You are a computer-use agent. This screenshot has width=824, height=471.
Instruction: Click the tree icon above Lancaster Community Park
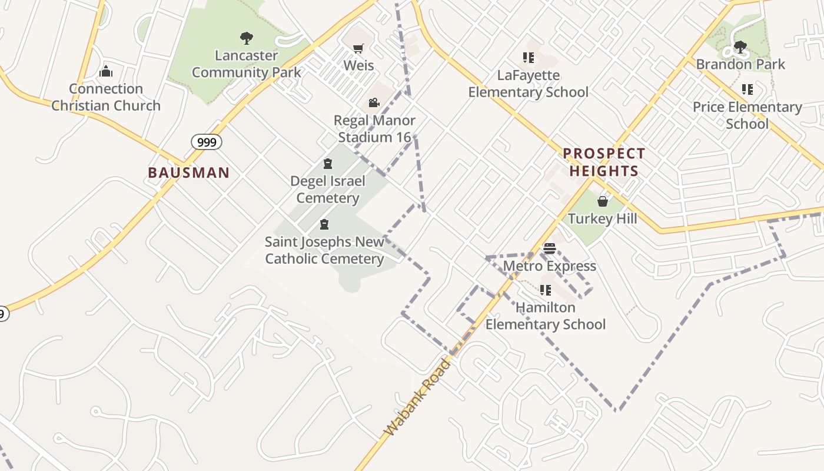pos(247,39)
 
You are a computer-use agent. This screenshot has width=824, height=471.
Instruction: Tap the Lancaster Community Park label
pos(246,64)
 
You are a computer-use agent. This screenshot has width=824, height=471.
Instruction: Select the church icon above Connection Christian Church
pos(106,72)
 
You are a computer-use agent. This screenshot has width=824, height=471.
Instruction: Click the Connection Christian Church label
pos(106,97)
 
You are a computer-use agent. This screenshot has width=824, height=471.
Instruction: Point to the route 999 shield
pos(206,142)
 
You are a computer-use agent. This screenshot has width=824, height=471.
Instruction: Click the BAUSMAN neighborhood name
pos(188,173)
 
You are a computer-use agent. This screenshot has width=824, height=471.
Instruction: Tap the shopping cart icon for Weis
pos(358,48)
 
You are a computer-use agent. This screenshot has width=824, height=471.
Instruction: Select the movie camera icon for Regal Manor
pos(374,103)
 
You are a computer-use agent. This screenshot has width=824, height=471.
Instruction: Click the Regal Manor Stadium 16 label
pos(374,129)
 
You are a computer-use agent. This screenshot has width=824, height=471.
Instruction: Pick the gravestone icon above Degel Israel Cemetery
pos(328,164)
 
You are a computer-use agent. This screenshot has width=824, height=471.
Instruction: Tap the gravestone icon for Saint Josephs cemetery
pos(324,224)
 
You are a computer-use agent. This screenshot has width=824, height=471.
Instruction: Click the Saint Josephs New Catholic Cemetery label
pos(324,250)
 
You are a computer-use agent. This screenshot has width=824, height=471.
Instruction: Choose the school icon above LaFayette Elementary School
pos(528,58)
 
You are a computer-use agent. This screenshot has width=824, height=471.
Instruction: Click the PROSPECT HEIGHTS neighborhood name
pos(604,162)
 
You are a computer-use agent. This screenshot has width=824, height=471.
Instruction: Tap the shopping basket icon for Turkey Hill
pos(603,202)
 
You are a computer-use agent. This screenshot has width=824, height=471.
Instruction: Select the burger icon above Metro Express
pos(550,248)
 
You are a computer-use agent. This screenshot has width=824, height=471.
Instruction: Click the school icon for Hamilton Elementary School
pos(545,290)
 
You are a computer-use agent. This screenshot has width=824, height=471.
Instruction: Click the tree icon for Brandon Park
pos(740,47)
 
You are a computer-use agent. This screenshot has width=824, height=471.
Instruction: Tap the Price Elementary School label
pos(747,115)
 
